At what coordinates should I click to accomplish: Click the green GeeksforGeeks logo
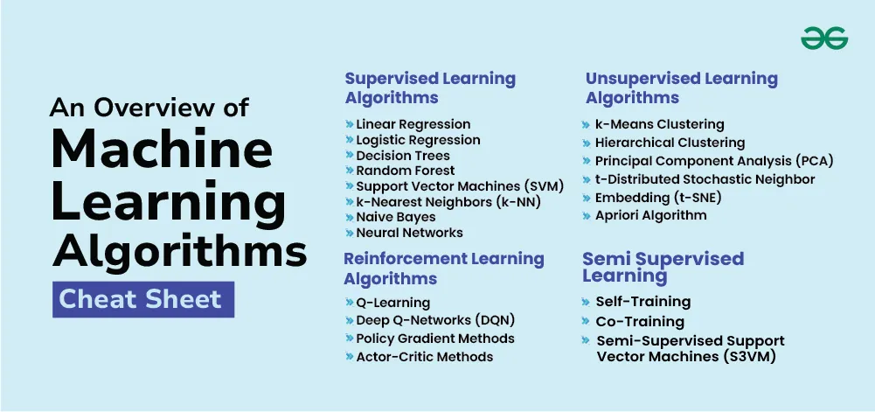(824, 38)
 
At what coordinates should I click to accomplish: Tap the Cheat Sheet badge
(143, 300)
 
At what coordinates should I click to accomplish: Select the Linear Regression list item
(413, 124)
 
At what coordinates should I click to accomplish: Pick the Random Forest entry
(405, 171)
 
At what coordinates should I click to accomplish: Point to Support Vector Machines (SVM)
(460, 186)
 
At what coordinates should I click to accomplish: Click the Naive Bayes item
(396, 217)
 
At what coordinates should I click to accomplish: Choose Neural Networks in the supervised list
(410, 232)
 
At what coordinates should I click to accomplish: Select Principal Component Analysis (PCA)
(714, 161)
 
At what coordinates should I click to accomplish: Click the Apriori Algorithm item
(650, 215)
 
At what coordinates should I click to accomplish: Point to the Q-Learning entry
(392, 303)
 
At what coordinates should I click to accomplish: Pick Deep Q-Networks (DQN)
(435, 320)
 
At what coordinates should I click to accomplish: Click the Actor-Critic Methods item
(425, 357)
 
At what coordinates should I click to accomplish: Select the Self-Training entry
(642, 302)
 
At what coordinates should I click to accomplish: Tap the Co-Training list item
(640, 322)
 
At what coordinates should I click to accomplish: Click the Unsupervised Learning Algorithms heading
(681, 87)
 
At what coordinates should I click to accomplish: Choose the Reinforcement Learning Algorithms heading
(444, 269)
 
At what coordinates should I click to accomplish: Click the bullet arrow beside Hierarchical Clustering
(586, 143)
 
